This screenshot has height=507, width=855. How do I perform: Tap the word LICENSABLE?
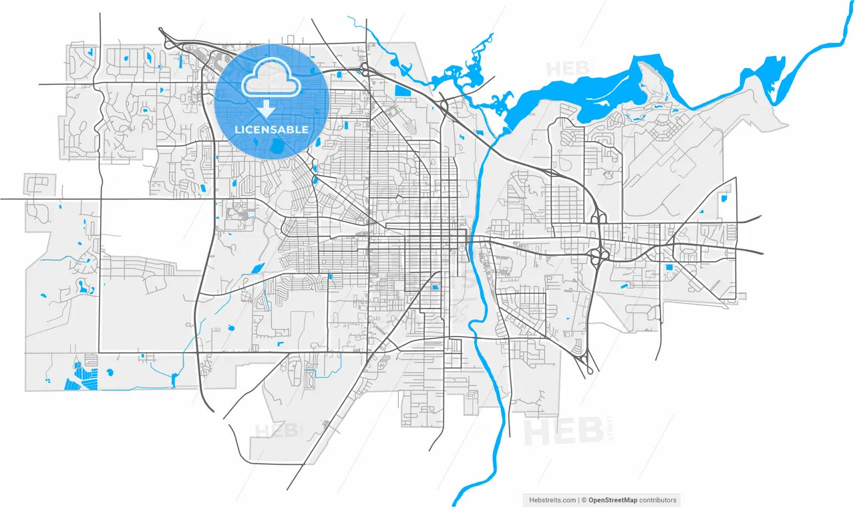point(271,129)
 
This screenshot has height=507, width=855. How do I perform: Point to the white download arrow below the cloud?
point(267,108)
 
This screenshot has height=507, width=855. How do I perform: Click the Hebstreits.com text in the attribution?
point(552,500)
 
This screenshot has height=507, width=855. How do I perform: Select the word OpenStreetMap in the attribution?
point(613,500)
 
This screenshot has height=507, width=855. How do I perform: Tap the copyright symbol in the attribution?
point(583,500)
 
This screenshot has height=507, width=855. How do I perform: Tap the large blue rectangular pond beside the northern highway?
point(403,91)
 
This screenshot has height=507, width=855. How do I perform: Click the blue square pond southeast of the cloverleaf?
point(669,268)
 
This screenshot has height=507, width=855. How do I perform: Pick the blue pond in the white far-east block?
point(724,197)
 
